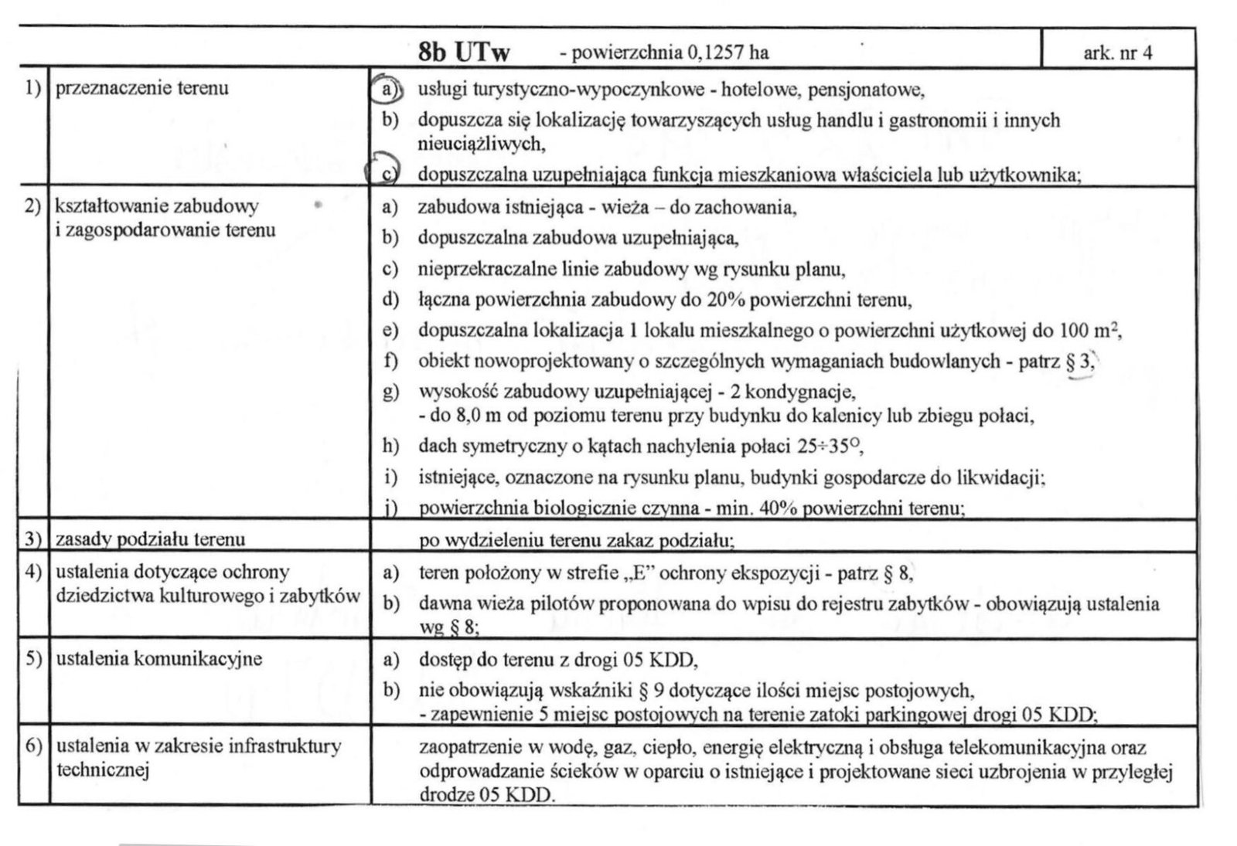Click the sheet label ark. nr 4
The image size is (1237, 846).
tap(1118, 53)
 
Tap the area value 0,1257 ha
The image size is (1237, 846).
tap(726, 53)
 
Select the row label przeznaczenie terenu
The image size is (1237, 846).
tap(142, 88)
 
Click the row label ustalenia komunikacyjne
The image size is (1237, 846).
tap(159, 659)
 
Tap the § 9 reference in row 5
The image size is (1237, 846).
tap(674, 689)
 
